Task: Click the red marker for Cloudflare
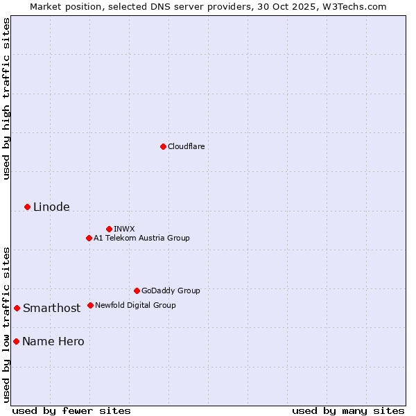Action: coord(163,146)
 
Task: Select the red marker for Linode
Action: coord(27,207)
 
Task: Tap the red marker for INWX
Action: coord(109,229)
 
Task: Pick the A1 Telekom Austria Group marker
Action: coord(89,238)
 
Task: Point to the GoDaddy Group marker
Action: coord(137,291)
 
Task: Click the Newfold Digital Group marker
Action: coord(90,305)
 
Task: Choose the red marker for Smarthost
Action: coord(17,308)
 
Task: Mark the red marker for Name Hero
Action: coord(16,341)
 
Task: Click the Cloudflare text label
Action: coord(187,146)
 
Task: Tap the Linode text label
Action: coord(51,207)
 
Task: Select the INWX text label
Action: coord(125,229)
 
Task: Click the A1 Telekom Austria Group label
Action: coord(141,238)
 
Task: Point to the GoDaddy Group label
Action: coord(171,291)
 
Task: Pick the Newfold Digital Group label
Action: coord(135,305)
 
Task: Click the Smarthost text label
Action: coord(51,308)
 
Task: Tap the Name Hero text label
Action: coord(53,341)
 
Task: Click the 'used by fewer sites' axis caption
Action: coord(71,410)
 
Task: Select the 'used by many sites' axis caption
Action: coord(348,410)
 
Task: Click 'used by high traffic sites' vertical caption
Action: coord(6,98)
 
